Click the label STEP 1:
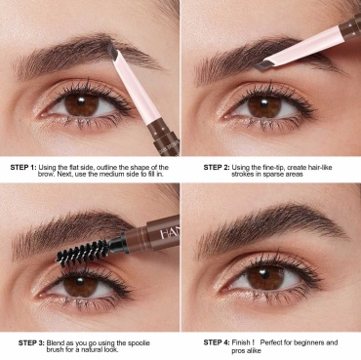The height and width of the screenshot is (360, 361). [x=23, y=168]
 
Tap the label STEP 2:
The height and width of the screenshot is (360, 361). [x=217, y=168]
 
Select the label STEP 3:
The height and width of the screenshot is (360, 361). [x=31, y=343]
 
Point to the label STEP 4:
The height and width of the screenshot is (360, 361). [x=217, y=342]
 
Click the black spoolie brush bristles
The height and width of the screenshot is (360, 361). [x=83, y=251]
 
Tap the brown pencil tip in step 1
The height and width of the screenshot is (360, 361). [x=112, y=53]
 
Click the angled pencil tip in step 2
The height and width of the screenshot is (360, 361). [x=262, y=65]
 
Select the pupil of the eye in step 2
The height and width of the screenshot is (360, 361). [x=264, y=104]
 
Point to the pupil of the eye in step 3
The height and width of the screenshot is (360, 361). [x=80, y=281]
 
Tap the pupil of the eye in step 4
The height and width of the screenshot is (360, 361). [x=264, y=274]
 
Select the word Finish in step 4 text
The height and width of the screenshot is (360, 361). [x=241, y=342]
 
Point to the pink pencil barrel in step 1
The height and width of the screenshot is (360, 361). [x=136, y=87]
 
